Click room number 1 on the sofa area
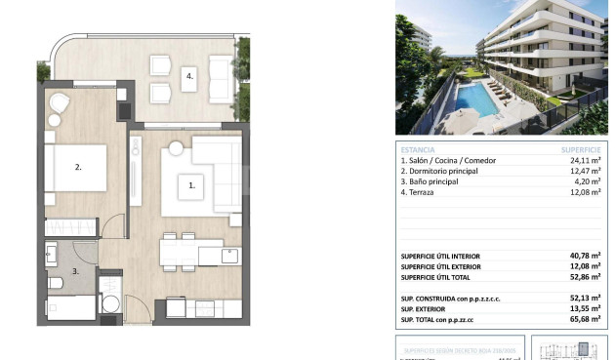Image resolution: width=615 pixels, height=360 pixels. (x=192, y=182)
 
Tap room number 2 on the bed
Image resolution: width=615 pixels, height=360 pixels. (x=78, y=166)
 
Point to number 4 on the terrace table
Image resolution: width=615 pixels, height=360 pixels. (x=191, y=74)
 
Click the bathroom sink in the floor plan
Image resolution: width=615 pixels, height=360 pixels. (x=51, y=255)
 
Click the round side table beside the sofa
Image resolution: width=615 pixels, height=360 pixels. (x=176, y=148)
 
